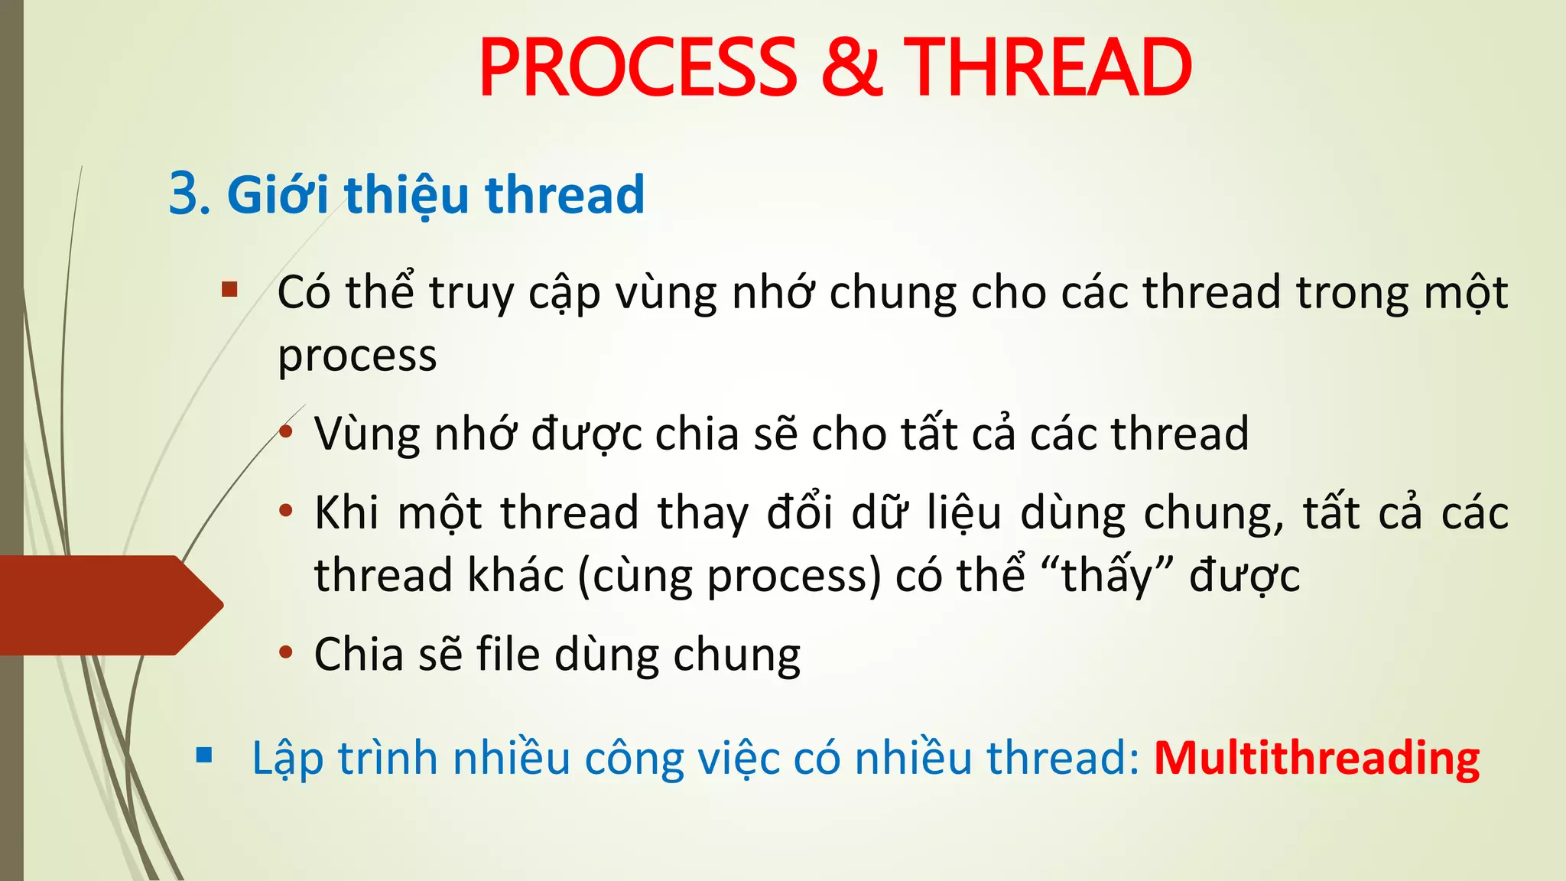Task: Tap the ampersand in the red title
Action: coord(850,69)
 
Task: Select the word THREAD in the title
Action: coord(1048,69)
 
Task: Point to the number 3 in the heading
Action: coord(184,194)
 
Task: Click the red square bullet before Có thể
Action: coord(229,290)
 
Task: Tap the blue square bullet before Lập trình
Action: coord(203,756)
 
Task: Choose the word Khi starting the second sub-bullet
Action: coord(346,512)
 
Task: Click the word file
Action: coord(508,655)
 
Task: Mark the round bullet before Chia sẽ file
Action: coord(286,653)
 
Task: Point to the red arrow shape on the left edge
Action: coord(107,605)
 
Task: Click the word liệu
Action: coord(963,512)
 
